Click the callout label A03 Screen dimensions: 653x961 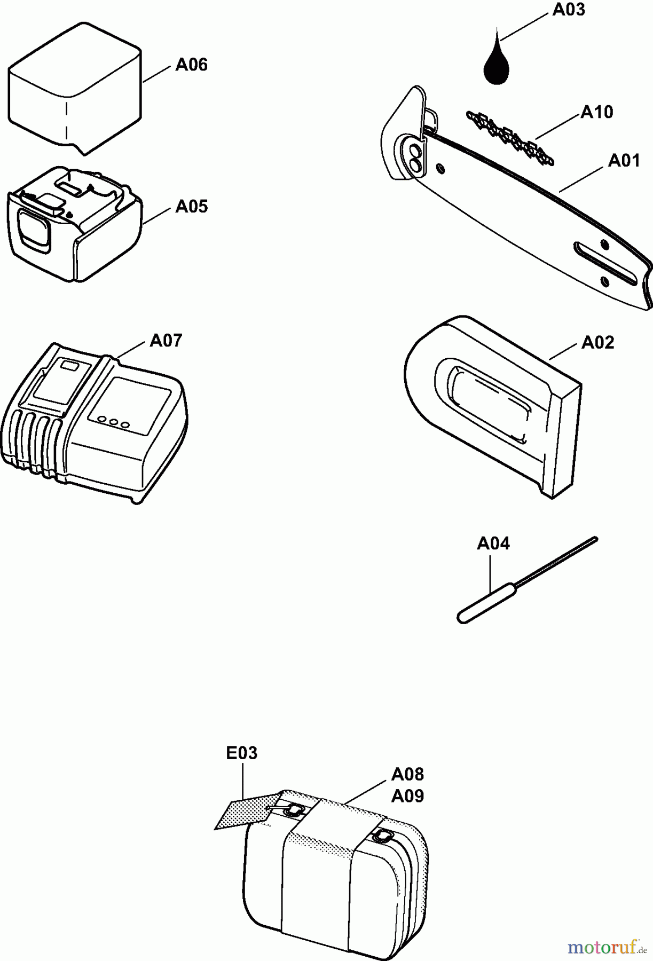569,10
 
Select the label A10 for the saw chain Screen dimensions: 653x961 597,112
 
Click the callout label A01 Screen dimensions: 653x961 624,160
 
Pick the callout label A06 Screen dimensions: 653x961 191,65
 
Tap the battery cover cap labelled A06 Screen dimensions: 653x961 75,88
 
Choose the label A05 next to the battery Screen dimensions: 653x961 191,206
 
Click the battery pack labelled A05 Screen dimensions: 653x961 75,223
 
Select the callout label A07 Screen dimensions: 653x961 166,340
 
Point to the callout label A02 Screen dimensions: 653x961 597,342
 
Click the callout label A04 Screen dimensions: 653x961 493,543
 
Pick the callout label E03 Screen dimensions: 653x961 241,753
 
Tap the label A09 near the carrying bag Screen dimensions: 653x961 407,796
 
